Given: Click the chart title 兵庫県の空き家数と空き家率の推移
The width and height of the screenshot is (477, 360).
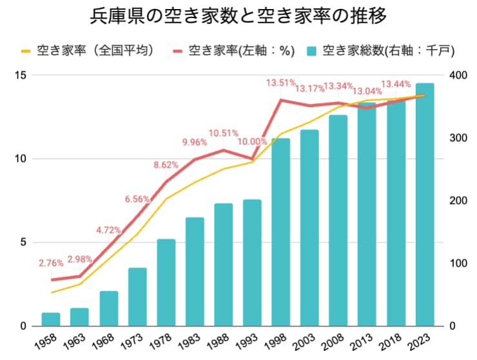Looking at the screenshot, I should tap(238, 16).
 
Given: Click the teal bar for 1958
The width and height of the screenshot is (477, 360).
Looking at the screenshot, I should tap(51, 319).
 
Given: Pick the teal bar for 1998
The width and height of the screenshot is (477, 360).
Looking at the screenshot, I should tap(280, 232).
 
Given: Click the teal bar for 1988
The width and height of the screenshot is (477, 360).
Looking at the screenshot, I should tap(223, 265).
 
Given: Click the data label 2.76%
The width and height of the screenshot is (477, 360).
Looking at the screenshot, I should tap(51, 263).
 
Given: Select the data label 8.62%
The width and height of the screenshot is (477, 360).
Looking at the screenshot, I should tap(166, 165).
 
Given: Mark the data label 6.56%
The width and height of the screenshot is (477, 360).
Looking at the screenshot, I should tap(137, 199).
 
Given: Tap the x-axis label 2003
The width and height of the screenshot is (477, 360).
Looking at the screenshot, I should tap(304, 341).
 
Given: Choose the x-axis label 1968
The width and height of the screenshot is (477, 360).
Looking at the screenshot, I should tap(102, 341).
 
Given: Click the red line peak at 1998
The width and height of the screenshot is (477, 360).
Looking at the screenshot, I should tap(280, 99).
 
